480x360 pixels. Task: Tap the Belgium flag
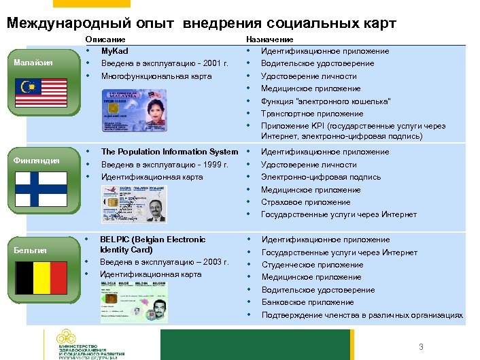[x=41, y=277]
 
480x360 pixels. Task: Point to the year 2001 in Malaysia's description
[x=212, y=63]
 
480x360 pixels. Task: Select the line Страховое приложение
[x=306, y=202]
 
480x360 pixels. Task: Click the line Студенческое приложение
[x=312, y=265]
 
